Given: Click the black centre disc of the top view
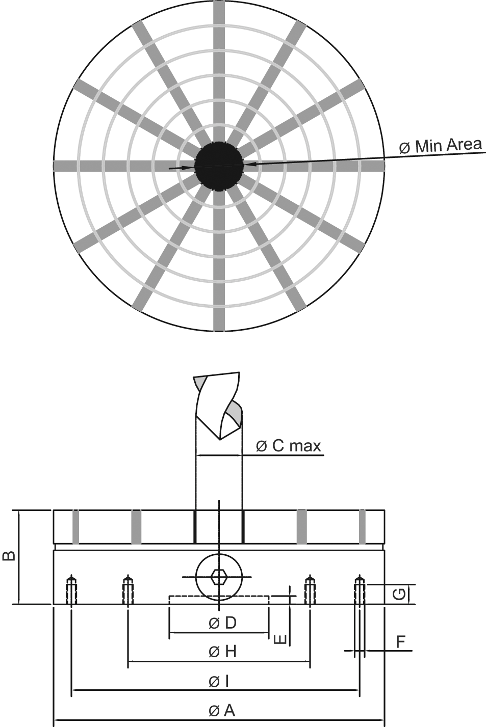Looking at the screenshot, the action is click(219, 167).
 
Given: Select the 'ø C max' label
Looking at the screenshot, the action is click(289, 446).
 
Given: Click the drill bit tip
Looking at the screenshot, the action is click(220, 439).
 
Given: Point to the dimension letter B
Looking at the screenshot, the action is click(9, 556).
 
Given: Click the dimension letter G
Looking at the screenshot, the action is click(400, 594).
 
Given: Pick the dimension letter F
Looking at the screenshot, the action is click(400, 642).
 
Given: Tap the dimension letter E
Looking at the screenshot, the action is click(280, 639).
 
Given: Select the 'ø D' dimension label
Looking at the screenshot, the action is click(222, 623).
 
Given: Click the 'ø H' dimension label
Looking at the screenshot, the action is click(222, 652).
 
